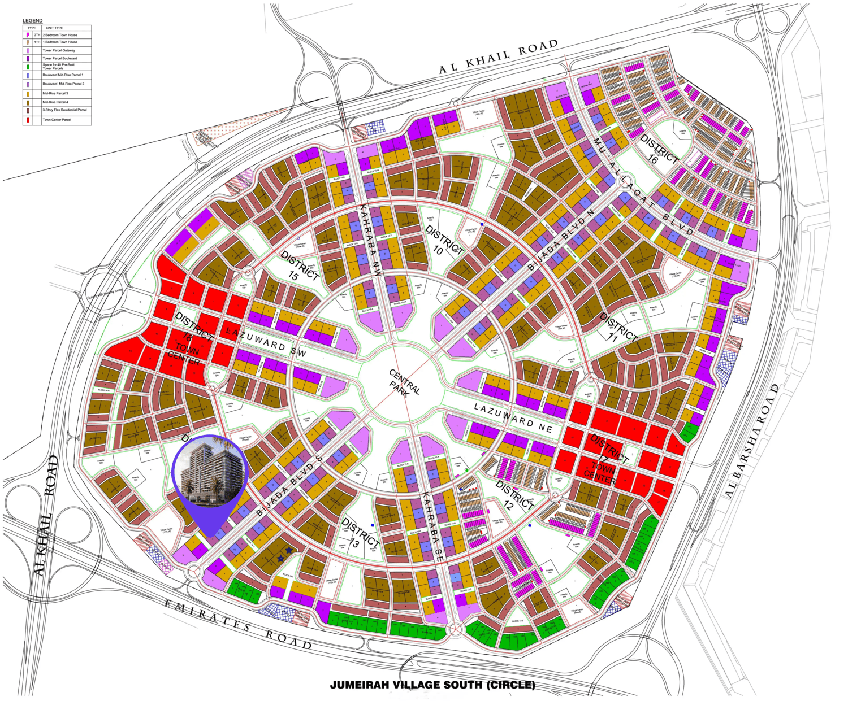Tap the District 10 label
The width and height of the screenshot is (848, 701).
(443, 241)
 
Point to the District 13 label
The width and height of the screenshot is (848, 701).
(360, 534)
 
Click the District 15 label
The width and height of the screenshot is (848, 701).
(298, 266)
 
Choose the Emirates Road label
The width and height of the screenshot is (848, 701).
(238, 624)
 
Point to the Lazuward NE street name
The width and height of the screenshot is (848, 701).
(513, 417)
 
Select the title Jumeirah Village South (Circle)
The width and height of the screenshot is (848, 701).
(432, 685)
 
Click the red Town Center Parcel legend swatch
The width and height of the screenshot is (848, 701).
(27, 120)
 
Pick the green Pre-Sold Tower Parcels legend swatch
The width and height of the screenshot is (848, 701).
(27, 67)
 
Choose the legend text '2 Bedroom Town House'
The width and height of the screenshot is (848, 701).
(60, 35)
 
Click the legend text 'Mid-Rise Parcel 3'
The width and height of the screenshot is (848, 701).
(55, 93)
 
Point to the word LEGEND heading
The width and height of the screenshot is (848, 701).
(33, 21)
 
